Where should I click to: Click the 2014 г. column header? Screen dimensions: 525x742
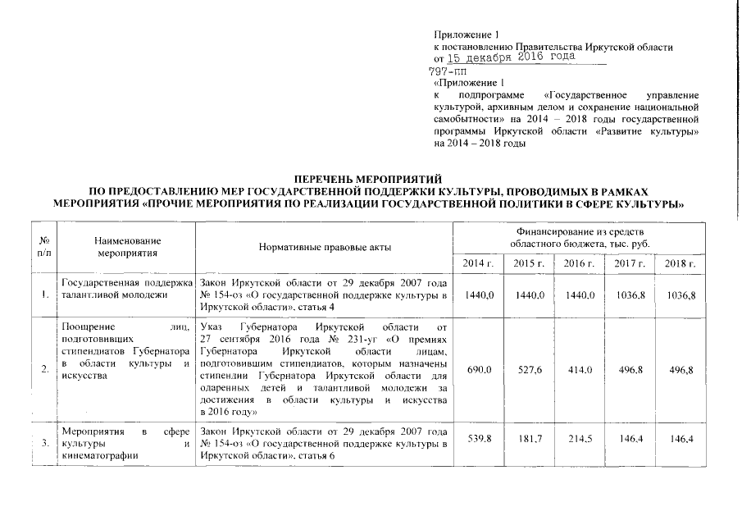478,262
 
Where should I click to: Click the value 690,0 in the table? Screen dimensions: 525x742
478,370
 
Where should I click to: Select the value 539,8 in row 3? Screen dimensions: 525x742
478,440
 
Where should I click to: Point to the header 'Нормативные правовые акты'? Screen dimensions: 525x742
325,247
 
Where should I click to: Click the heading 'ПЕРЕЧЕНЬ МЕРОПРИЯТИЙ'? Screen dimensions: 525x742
368,178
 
